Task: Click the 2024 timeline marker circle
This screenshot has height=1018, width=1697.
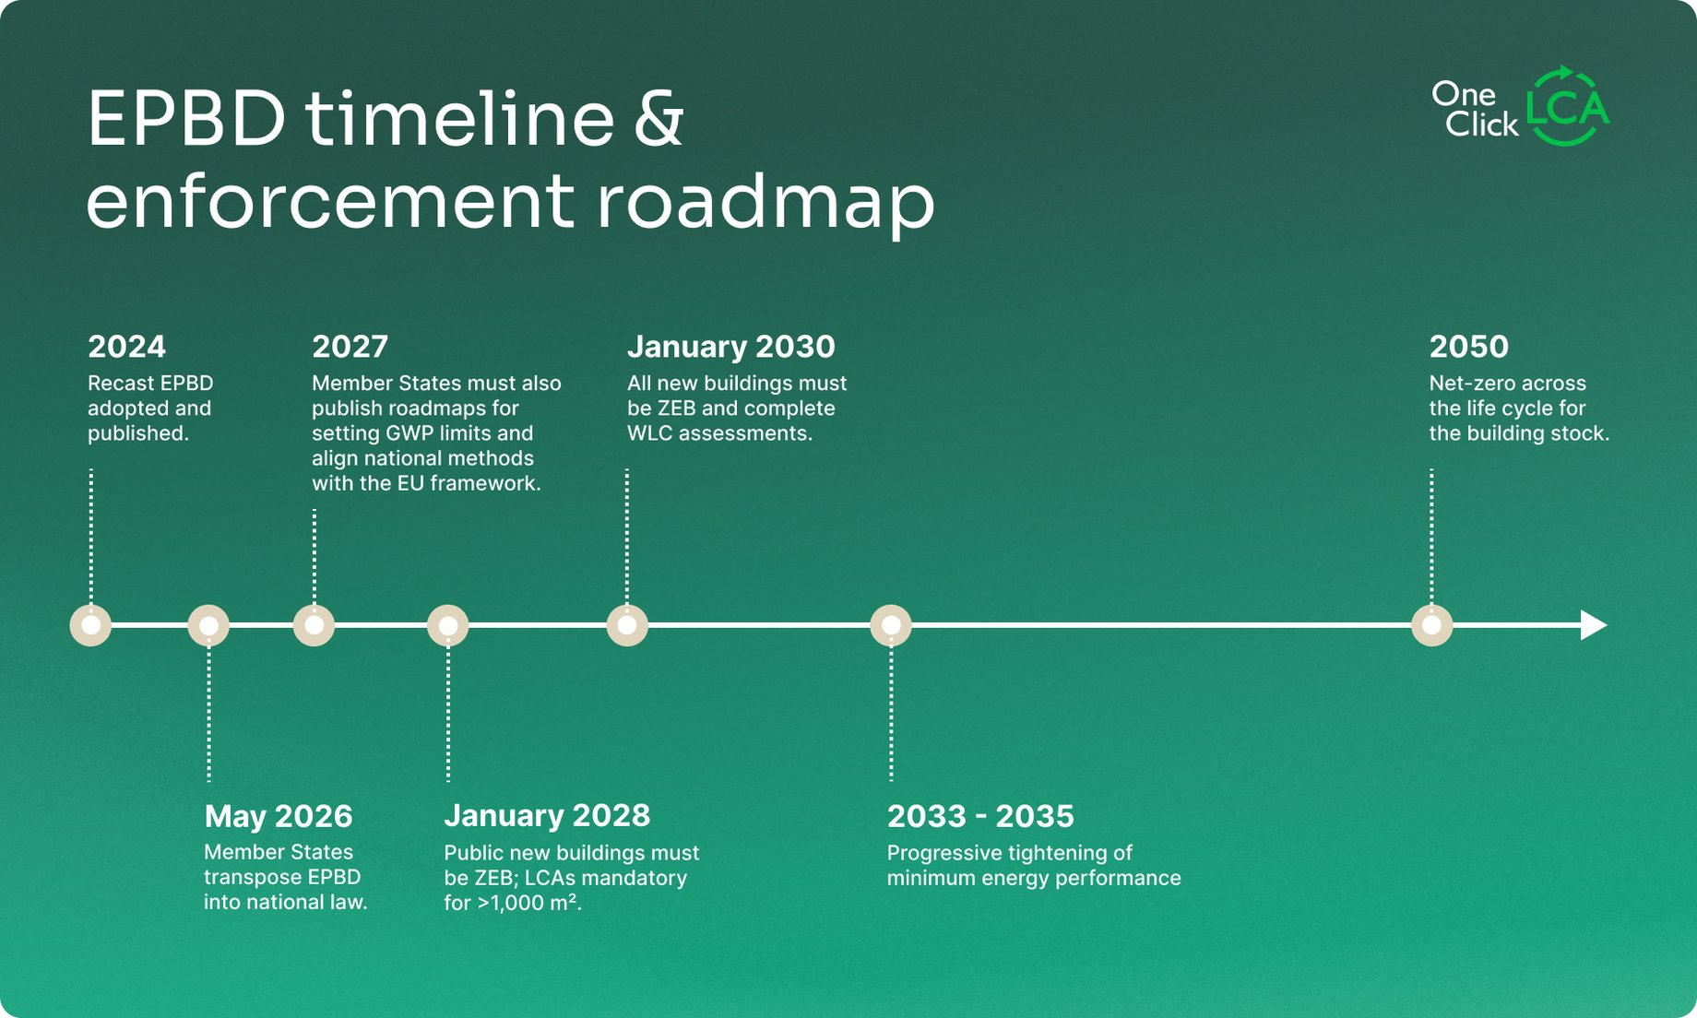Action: (90, 625)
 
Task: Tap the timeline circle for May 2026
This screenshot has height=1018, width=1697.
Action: (208, 625)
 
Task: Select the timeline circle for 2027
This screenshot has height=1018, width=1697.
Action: (314, 625)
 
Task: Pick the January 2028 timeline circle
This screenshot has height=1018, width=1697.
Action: (448, 625)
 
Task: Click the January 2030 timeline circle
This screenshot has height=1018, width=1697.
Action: (627, 625)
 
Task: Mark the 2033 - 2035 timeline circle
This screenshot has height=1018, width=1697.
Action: (891, 625)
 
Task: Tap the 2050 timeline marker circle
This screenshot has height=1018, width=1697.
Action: (1431, 625)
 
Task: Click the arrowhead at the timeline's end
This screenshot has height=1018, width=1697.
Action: (1594, 625)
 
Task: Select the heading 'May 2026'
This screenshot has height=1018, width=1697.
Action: (279, 817)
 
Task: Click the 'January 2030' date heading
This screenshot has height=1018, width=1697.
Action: (730, 347)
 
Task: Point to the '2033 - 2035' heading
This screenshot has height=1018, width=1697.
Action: (980, 816)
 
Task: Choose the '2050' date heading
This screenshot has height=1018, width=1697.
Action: (1468, 347)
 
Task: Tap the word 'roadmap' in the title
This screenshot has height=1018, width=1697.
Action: (765, 202)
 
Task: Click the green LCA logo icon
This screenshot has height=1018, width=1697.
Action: (1568, 106)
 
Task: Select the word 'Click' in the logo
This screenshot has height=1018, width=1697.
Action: (1481, 124)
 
